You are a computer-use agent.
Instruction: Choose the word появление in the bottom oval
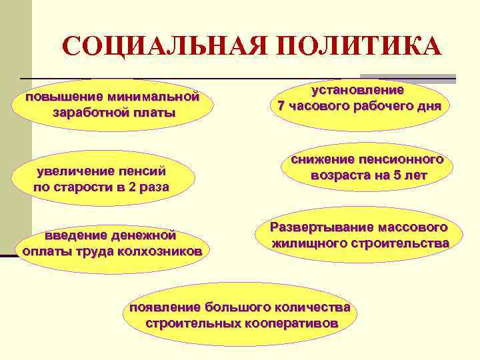click(x=165, y=307)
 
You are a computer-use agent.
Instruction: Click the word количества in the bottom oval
click(x=313, y=307)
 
